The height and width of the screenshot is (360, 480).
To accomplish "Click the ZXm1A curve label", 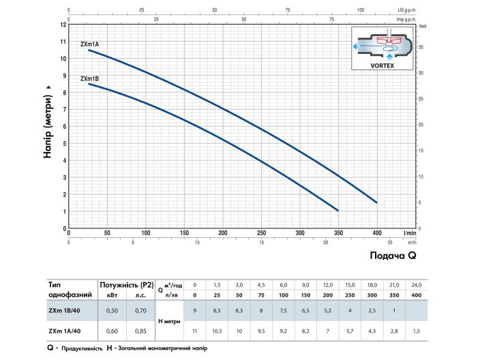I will [x=90, y=44].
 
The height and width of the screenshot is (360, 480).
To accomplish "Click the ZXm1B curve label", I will [x=89, y=78].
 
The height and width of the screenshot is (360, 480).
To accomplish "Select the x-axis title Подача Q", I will [x=392, y=256].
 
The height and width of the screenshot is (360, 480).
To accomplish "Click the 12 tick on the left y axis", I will [x=63, y=25].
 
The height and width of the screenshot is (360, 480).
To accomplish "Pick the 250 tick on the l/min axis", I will [x=261, y=233].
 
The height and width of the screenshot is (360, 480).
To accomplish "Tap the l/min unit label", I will [x=409, y=233].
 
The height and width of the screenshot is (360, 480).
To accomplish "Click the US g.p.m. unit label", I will [x=405, y=10].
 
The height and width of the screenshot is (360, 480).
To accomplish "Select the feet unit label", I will [x=423, y=26].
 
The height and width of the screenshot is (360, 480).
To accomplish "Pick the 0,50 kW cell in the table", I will [x=112, y=312].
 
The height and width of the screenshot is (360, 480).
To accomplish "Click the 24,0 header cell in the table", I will [x=416, y=284].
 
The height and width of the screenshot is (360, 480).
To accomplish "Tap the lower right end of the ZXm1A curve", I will [x=376, y=202].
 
